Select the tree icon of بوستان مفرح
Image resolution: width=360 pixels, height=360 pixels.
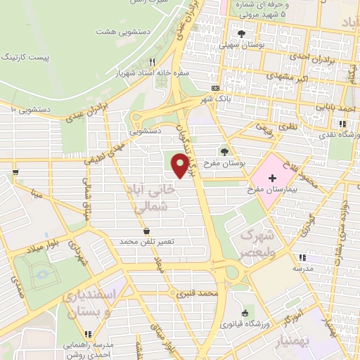[225, 150]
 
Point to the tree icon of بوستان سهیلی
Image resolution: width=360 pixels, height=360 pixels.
[241, 34]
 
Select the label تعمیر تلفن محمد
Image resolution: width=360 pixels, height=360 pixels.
[146, 241]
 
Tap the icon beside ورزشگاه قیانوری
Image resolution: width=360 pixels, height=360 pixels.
[245, 314]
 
